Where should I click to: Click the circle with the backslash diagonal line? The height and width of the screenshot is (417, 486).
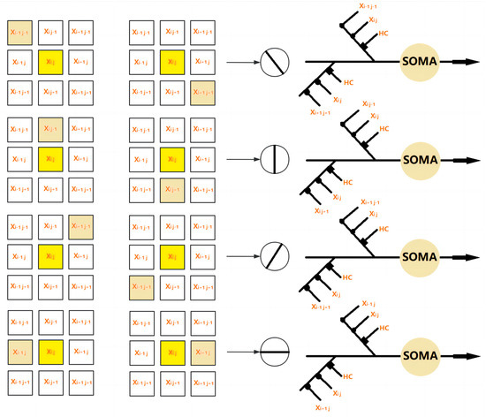275,64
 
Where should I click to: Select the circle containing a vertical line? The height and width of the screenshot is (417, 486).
275,160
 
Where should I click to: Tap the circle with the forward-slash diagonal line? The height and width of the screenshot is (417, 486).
275,258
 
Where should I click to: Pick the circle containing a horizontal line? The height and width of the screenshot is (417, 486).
275,355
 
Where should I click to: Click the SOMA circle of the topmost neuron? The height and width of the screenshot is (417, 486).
420,64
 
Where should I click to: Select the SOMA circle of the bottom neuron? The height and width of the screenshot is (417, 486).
420,355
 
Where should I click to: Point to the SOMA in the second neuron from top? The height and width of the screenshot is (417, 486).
420,160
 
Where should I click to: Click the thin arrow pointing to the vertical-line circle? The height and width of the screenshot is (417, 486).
242,160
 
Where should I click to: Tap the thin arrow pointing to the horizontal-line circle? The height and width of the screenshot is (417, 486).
242,355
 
